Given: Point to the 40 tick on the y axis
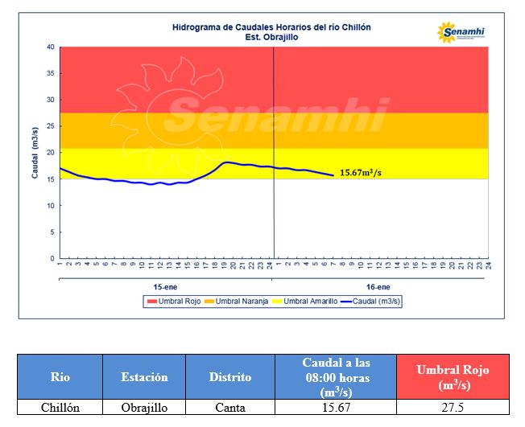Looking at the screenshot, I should click(50, 47).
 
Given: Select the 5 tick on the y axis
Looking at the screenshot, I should click(52, 232).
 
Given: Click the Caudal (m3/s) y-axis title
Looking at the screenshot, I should click(35, 153).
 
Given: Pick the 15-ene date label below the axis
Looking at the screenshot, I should click(165, 286).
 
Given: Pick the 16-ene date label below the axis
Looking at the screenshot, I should click(378, 286).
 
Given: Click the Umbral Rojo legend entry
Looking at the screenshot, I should click(172, 302).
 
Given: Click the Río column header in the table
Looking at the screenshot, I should click(60, 376).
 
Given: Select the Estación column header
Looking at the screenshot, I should click(144, 376).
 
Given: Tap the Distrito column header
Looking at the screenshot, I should click(230, 376).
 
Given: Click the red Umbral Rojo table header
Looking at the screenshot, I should click(453, 376).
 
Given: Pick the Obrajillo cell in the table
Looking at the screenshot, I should click(144, 408).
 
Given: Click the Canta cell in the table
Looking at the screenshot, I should click(230, 408).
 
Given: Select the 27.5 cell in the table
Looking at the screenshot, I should click(453, 408).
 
